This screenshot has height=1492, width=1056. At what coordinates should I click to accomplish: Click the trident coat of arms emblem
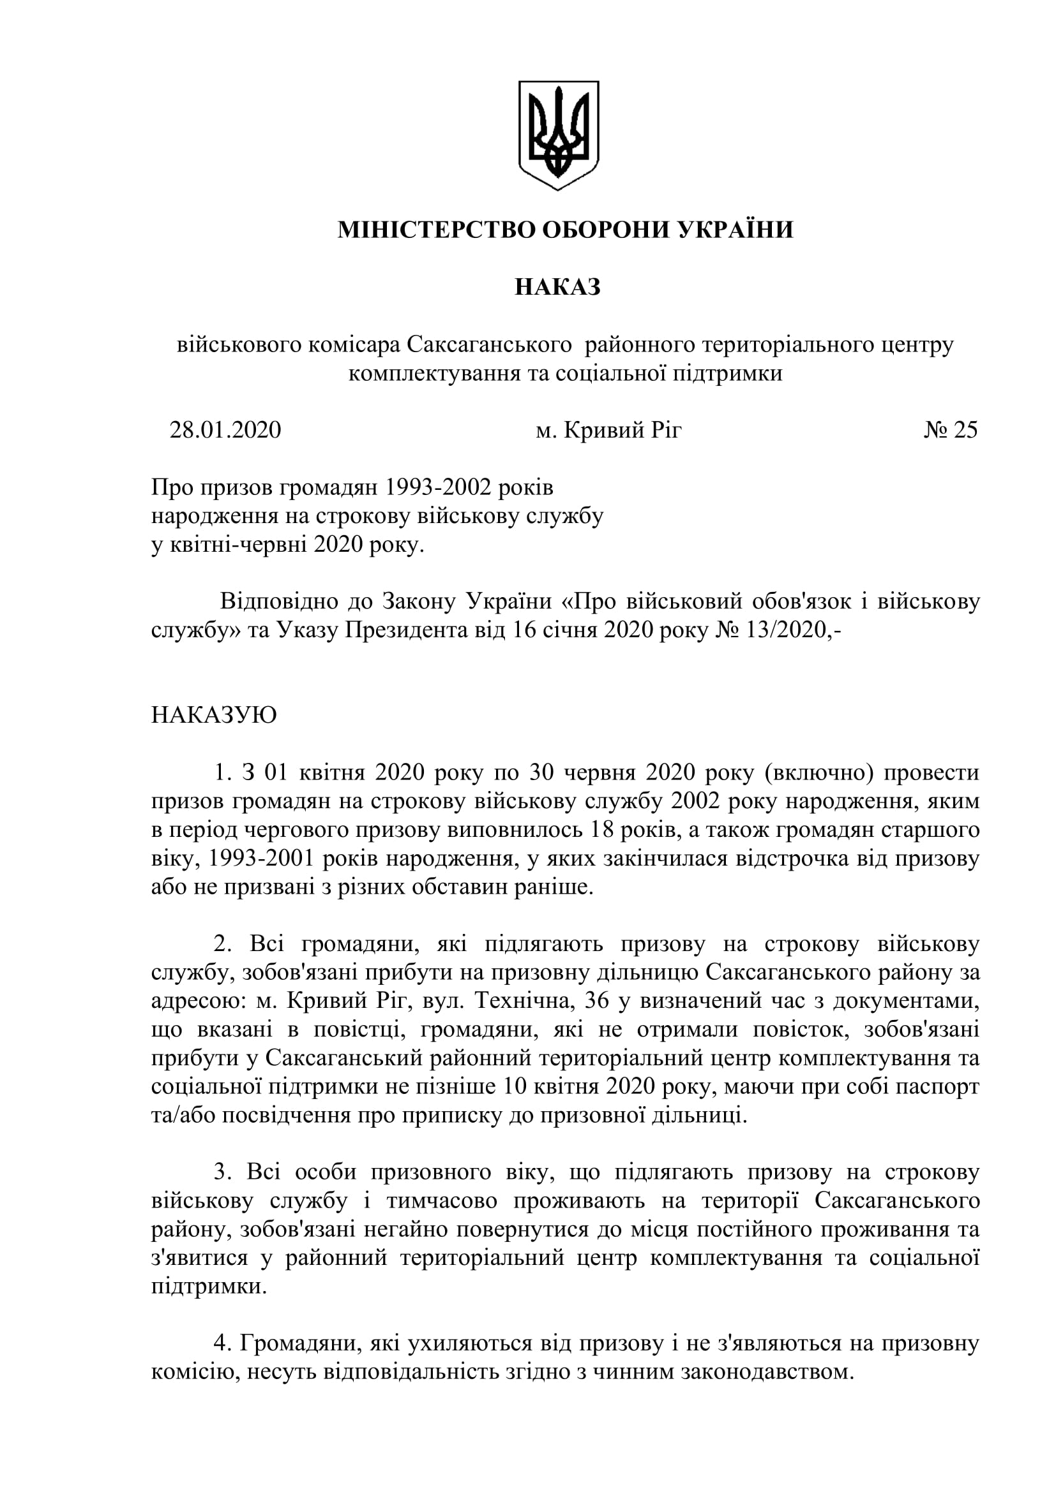point(558,135)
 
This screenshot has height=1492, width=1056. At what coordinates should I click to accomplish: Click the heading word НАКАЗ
point(557,287)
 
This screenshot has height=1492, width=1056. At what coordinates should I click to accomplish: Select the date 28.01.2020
point(225,430)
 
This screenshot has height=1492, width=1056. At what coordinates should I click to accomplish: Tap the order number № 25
point(950,430)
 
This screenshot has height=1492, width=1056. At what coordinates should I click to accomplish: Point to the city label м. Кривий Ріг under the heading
point(608,430)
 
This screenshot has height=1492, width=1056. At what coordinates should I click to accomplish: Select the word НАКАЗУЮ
point(214,716)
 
